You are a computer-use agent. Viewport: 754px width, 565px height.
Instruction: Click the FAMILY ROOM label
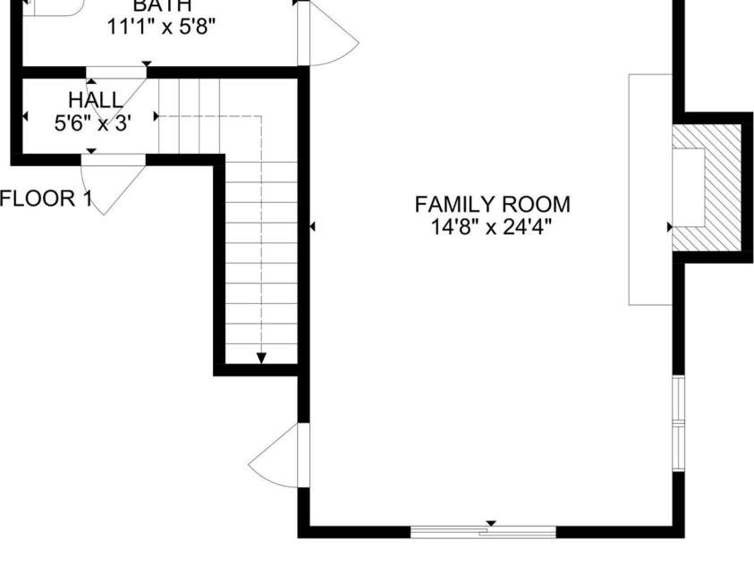(492, 205)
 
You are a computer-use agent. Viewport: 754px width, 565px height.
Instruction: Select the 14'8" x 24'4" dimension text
(492, 227)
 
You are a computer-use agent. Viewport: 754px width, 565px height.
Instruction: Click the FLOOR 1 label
(45, 198)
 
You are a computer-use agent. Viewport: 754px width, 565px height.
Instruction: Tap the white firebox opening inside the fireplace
(688, 187)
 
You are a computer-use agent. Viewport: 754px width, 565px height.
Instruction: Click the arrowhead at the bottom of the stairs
(261, 358)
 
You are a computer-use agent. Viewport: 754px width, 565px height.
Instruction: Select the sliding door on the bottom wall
(483, 532)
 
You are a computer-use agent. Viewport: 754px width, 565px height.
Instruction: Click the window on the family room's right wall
(678, 423)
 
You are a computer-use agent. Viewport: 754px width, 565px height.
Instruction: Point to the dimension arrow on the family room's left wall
(312, 227)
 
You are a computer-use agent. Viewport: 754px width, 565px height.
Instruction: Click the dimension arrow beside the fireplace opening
(669, 227)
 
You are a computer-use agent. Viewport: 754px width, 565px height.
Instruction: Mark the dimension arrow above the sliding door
(490, 523)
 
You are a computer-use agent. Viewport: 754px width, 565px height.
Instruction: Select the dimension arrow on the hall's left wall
(24, 116)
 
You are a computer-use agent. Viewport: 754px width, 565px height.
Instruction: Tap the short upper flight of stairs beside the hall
(189, 116)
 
